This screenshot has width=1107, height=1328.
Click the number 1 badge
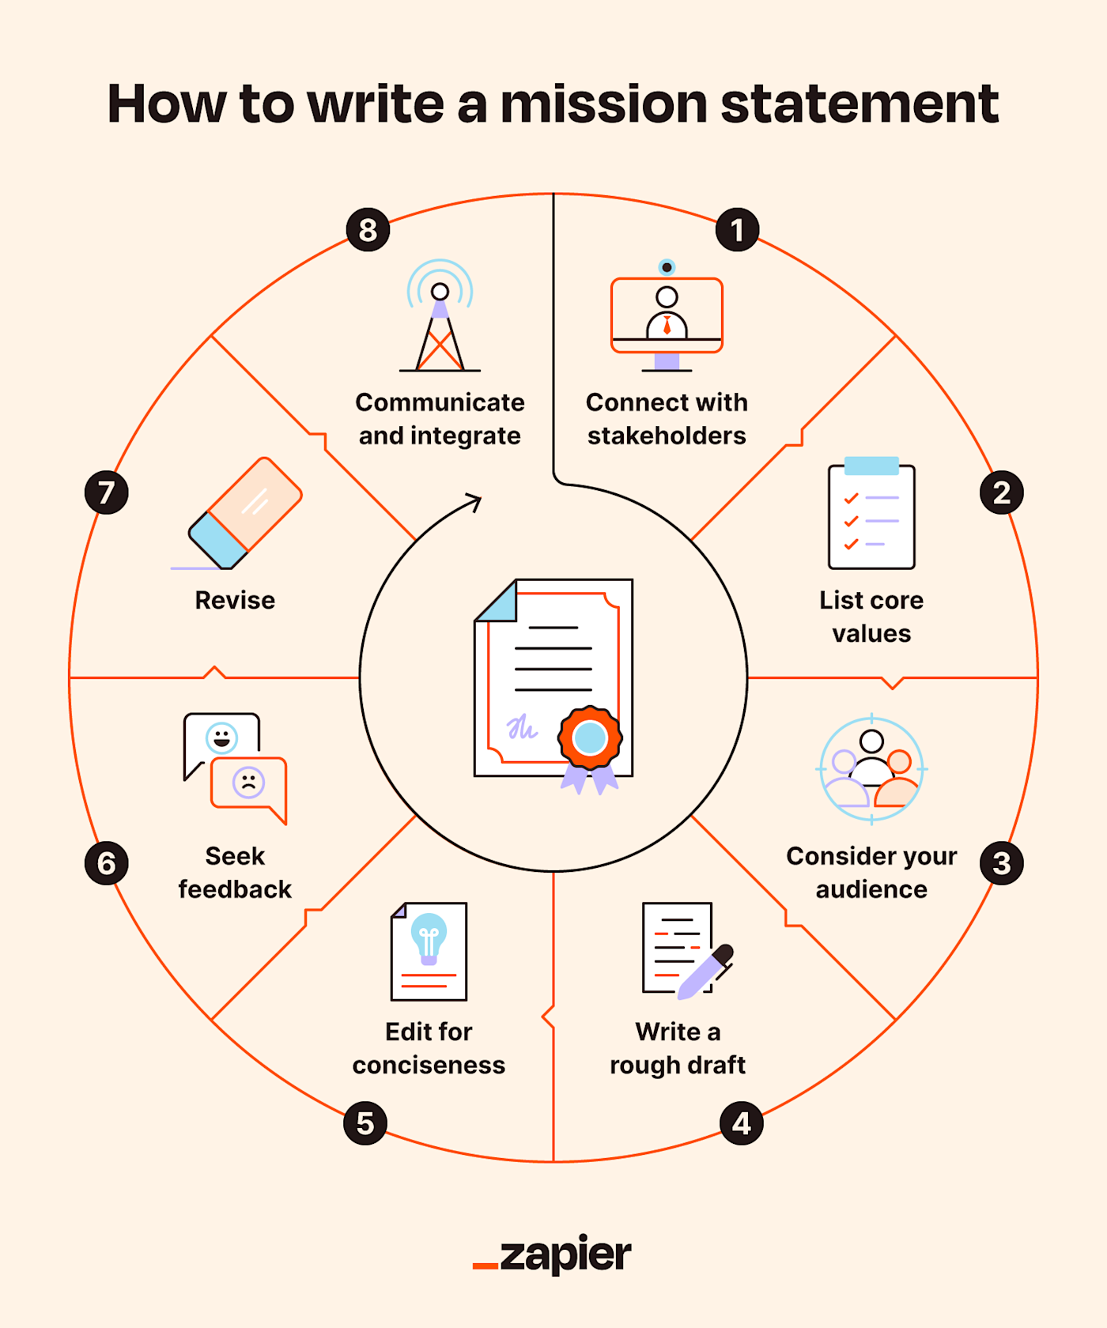(x=737, y=230)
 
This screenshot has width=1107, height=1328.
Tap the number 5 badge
(x=365, y=1123)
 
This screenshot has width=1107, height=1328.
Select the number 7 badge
(x=107, y=492)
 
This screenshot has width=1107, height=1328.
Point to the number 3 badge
(x=1002, y=863)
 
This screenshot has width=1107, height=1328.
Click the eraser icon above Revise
(x=245, y=513)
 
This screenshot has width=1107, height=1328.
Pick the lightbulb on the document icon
(x=429, y=936)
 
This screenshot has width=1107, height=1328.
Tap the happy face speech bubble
(x=221, y=739)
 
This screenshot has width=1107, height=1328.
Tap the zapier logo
(x=553, y=1254)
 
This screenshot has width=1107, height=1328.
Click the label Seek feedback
(x=235, y=873)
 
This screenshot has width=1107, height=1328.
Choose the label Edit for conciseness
(x=429, y=1048)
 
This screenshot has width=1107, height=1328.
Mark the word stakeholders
(x=667, y=436)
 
